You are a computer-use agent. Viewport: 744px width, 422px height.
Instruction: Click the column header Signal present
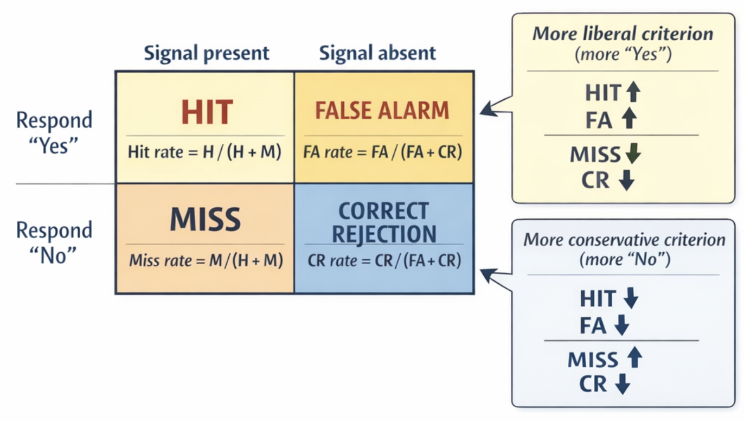coord(206,53)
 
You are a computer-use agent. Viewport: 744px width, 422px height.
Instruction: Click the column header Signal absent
coord(377,53)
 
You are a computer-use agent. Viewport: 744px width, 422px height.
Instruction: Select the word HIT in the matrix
coord(207,112)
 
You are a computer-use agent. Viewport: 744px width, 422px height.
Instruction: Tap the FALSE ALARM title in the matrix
coord(382,111)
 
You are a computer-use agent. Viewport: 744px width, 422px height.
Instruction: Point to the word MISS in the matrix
coord(205,220)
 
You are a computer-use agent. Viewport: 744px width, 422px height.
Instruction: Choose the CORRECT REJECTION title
coord(384,222)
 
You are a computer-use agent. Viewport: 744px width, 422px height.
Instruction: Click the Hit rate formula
coord(205,152)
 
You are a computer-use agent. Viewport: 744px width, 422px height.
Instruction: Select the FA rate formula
coord(382,152)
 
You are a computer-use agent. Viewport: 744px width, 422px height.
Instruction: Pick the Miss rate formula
coord(206,261)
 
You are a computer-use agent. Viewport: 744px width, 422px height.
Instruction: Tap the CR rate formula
coord(384,261)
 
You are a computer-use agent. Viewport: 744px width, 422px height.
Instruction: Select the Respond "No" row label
coord(54,241)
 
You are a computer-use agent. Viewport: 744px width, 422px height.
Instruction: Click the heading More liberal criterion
coord(623,34)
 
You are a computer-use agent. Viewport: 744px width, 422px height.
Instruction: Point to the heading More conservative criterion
coord(624,240)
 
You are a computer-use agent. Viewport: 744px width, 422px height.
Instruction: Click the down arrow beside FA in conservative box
coord(622,325)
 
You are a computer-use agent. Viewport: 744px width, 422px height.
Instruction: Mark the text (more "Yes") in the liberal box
coord(623,54)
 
